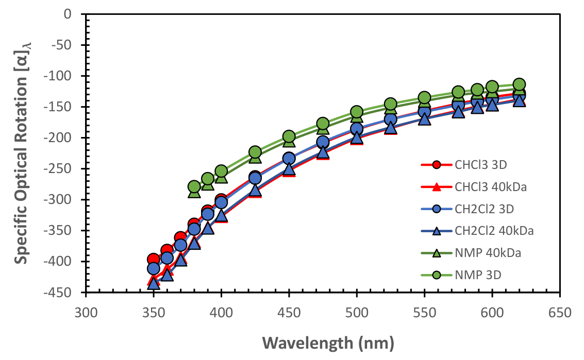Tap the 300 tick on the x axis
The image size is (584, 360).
(86, 312)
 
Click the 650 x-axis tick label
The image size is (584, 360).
(560, 312)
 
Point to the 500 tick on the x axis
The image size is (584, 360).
(357, 312)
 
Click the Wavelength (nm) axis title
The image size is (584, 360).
(328, 342)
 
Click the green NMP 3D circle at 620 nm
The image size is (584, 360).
(519, 84)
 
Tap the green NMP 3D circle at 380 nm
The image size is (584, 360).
(194, 186)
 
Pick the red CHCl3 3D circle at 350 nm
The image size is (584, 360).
(153, 259)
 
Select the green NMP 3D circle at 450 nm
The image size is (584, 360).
(289, 136)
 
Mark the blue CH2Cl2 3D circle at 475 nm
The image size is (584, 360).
(323, 142)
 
